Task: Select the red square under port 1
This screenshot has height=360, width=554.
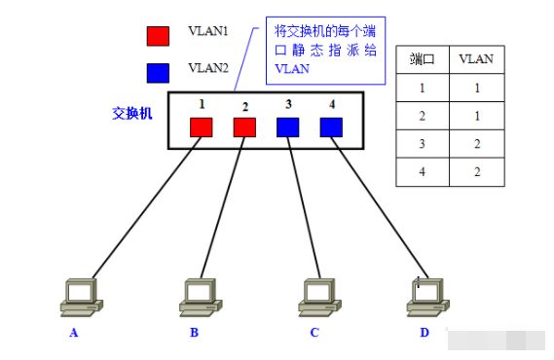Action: [201, 126]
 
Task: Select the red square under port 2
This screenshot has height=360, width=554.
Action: [244, 126]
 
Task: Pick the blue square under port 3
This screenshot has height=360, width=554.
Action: [287, 126]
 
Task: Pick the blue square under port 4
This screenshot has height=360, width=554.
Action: [331, 126]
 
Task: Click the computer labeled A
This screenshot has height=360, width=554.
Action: [81, 296]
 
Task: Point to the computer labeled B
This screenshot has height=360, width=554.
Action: [203, 296]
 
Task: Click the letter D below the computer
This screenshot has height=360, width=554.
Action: [424, 333]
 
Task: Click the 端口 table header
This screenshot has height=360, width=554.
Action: [422, 59]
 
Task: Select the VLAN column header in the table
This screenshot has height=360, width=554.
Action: [475, 59]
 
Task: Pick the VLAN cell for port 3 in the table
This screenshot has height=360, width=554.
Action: [475, 143]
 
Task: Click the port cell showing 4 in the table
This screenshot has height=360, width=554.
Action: [422, 172]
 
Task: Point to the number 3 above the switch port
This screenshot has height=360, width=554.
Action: [287, 103]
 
